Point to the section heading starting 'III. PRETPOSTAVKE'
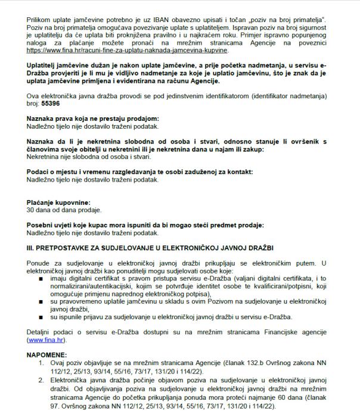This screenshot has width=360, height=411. pyautogui.click(x=150, y=247)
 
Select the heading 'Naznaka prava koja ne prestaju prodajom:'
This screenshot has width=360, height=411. pyautogui.click(x=92, y=119)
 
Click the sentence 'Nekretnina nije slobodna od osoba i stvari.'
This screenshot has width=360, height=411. pyautogui.click(x=89, y=157)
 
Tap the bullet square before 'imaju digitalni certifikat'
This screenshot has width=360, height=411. pyautogui.click(x=41, y=278)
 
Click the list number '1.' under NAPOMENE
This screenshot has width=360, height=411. pyautogui.click(x=42, y=363)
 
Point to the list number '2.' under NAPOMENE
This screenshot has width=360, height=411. pyautogui.click(x=42, y=379)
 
